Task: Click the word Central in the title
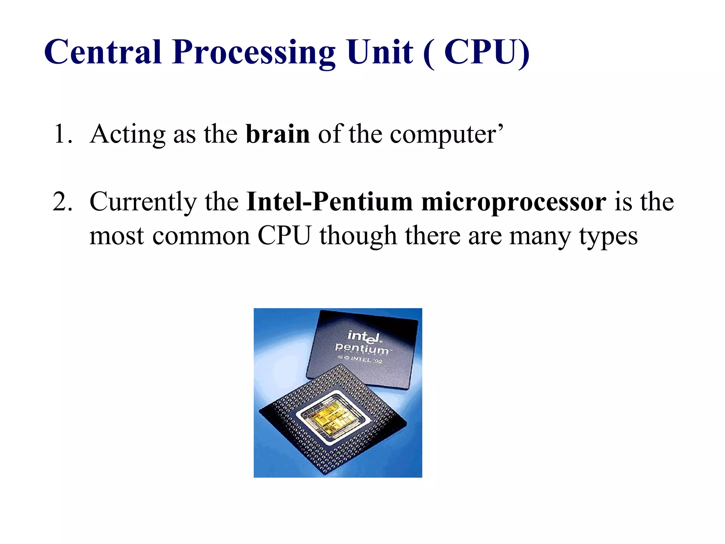pyautogui.click(x=103, y=52)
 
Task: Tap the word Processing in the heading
pyautogui.click(x=253, y=53)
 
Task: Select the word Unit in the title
pyautogui.click(x=380, y=52)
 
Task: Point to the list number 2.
pyautogui.click(x=62, y=202)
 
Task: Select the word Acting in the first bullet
pyautogui.click(x=127, y=135)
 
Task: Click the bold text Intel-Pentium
pyautogui.click(x=330, y=202)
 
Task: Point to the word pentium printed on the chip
pyautogui.click(x=362, y=348)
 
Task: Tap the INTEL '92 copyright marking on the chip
pyautogui.click(x=361, y=359)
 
